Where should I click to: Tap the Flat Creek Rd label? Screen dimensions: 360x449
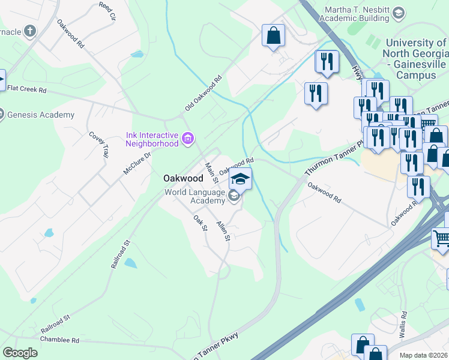26,89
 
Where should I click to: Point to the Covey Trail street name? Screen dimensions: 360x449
99,144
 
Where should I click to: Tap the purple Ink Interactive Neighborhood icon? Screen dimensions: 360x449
188,139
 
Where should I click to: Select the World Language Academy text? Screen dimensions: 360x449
195,197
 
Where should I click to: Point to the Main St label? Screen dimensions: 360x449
211,173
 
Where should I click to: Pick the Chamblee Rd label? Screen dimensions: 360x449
59,340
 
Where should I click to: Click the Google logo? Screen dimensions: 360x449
20,353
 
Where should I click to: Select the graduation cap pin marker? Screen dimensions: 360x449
241,179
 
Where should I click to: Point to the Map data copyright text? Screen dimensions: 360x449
424,355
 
